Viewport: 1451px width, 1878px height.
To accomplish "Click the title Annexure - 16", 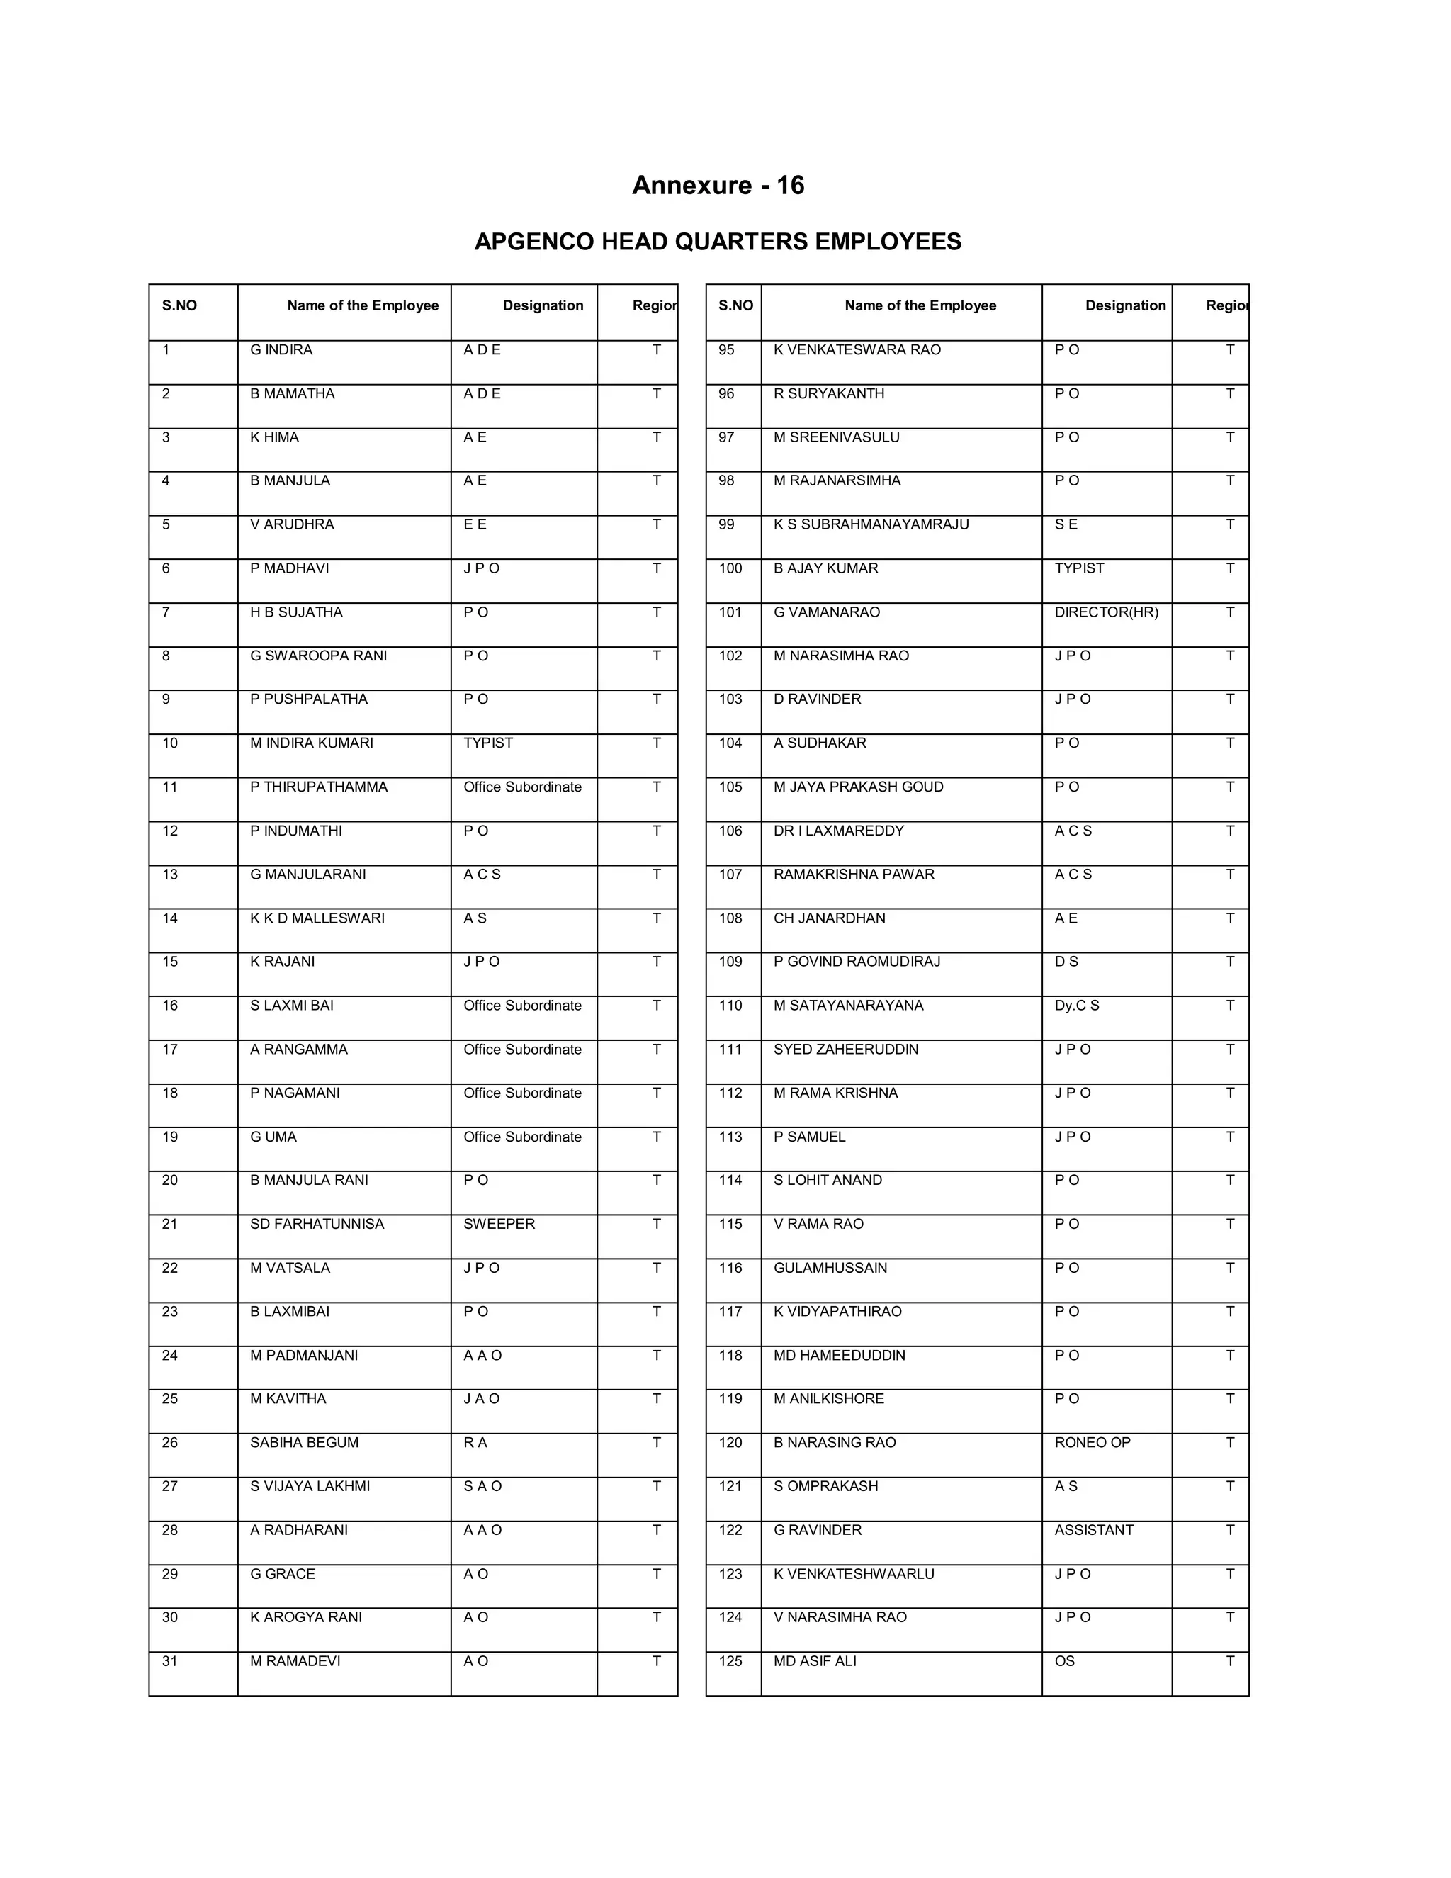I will coord(718,186).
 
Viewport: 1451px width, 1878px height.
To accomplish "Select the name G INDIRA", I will coord(281,350).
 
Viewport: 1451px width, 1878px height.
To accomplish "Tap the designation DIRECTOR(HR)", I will coord(1105,612).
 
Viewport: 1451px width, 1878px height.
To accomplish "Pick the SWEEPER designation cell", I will coord(499,1224).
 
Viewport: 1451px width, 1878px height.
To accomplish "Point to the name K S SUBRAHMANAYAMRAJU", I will coord(870,524).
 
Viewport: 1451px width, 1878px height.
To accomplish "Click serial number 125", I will coord(730,1661).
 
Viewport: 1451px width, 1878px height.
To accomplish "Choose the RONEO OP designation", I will coord(1092,1442).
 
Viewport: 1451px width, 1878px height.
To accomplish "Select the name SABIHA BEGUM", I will coord(304,1442).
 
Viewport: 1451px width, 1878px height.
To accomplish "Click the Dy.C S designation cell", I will coord(1076,1005).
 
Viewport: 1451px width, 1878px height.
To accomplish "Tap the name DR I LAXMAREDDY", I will coord(838,831).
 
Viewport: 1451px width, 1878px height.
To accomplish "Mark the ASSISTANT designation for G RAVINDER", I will coord(1093,1530).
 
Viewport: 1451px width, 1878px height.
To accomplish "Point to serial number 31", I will coord(170,1661).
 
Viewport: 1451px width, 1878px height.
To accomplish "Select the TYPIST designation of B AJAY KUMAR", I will coord(1079,568).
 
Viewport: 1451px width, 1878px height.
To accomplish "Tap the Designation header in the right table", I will coord(1124,306).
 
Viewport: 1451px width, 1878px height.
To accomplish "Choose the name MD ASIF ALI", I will coord(814,1661).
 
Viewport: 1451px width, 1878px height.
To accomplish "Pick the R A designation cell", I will coord(475,1442).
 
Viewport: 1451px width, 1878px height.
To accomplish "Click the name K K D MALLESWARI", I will coord(317,918).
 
